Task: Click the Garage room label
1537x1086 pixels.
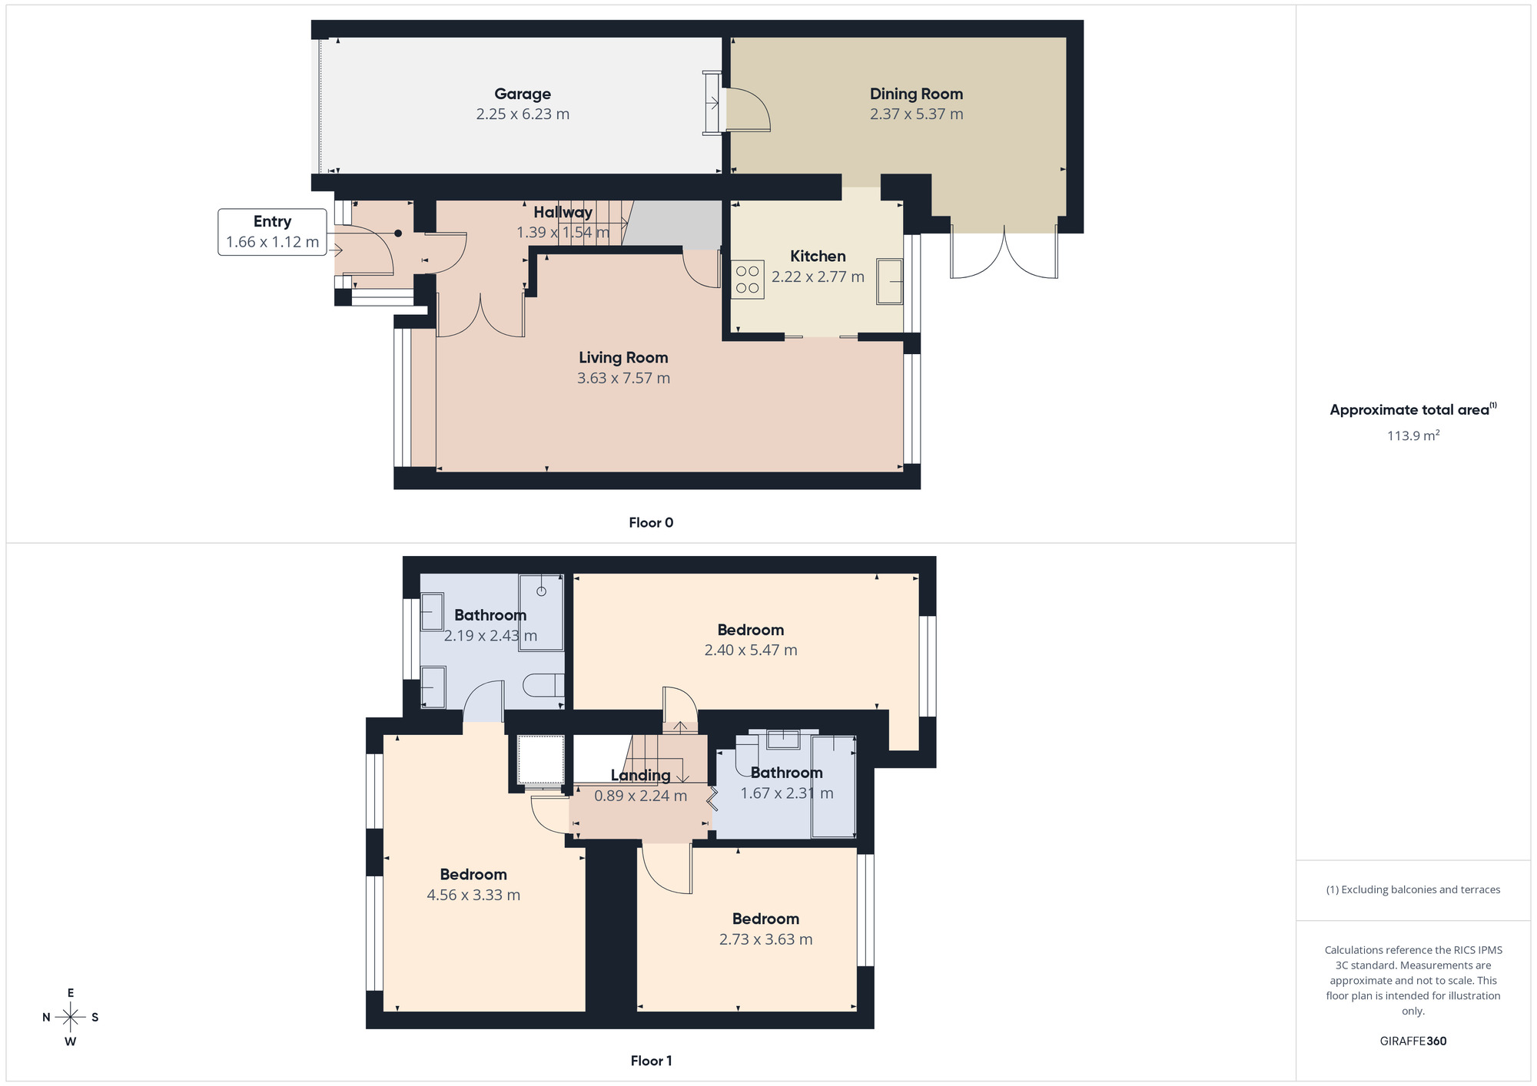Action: [523, 94]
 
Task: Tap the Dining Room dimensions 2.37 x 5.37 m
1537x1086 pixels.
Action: [916, 114]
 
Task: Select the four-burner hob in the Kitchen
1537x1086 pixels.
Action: [747, 280]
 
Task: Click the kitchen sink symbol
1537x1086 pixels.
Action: [890, 282]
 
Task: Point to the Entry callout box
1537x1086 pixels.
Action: [272, 232]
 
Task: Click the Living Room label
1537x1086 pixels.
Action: [623, 358]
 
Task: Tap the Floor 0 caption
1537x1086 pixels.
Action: [651, 523]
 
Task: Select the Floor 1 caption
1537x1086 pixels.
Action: [651, 1061]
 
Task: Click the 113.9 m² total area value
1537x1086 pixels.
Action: [1413, 435]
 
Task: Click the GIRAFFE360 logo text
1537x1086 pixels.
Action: [1413, 1041]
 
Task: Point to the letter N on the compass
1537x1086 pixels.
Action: [46, 1018]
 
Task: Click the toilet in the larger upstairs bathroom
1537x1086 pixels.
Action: [543, 685]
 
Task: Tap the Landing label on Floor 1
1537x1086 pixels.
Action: [640, 776]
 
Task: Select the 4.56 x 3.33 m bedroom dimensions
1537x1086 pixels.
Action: [473, 896]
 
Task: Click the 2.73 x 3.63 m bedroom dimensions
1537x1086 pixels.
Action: [765, 939]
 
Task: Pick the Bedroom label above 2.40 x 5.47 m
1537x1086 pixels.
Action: [750, 630]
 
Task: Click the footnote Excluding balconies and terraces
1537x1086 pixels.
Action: [1413, 890]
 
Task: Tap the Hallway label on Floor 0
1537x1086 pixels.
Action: [563, 213]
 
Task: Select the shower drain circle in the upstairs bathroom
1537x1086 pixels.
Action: [541, 591]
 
